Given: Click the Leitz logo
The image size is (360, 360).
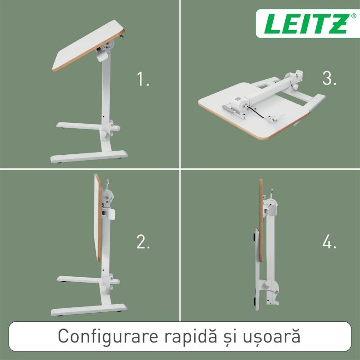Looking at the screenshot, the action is pos(307,24).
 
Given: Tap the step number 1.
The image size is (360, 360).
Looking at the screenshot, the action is pos(143,79).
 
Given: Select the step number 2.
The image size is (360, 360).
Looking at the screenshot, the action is pos(143,242).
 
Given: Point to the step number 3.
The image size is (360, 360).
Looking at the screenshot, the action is pos(329,78).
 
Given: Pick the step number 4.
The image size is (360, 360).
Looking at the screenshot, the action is pos(329,242).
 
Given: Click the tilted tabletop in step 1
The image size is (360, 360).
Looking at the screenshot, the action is pos(88,45).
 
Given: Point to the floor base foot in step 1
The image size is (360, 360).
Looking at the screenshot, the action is pos(89,157).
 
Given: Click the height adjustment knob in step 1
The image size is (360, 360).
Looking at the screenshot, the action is pos(103,134).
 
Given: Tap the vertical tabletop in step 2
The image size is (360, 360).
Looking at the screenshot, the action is pos(98,218).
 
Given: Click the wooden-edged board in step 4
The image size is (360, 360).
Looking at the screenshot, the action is pos(261,220).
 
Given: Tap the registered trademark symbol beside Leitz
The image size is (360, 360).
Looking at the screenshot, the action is pos(354,16).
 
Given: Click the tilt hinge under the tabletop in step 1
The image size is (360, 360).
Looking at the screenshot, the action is pos(108,44).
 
